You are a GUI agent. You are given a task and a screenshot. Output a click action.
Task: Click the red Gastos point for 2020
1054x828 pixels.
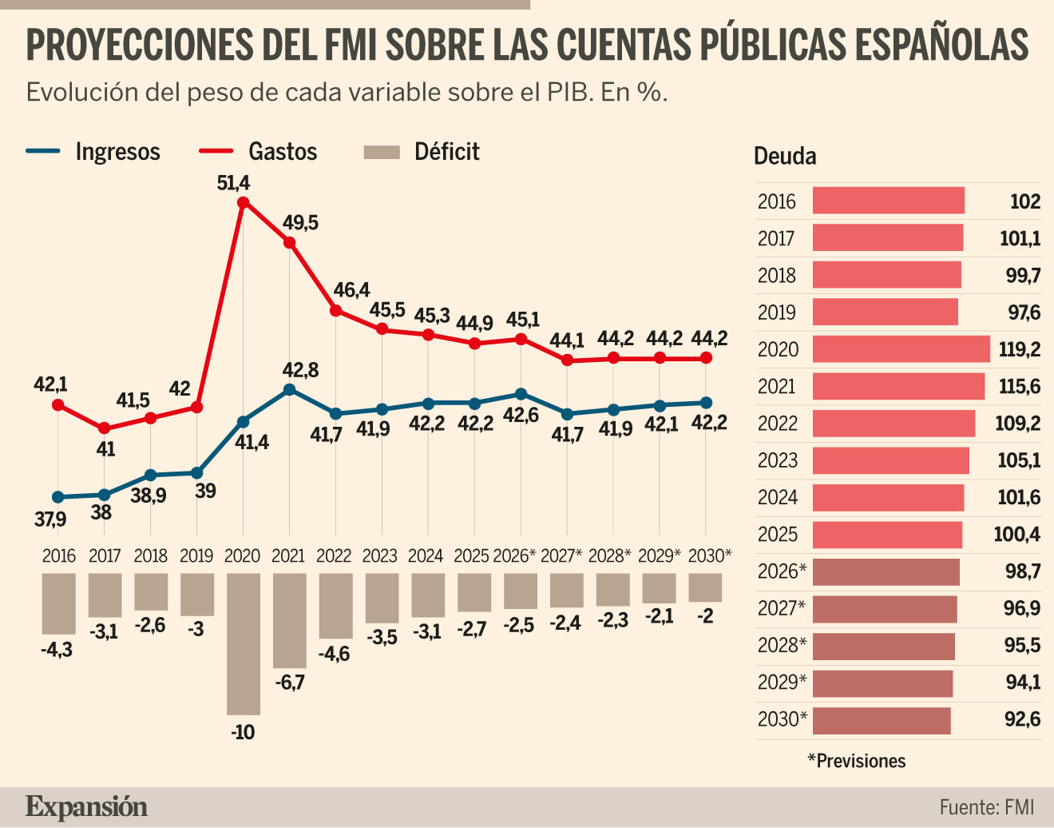(243, 202)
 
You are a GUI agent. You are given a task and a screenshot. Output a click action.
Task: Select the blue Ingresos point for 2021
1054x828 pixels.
(290, 390)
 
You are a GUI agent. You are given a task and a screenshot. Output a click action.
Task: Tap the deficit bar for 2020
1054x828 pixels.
(244, 643)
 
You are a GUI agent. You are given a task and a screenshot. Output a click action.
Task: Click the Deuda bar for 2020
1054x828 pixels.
(901, 349)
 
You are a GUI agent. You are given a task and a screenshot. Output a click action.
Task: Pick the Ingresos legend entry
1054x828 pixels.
(93, 152)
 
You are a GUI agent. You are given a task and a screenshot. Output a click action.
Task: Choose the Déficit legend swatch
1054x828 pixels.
(382, 152)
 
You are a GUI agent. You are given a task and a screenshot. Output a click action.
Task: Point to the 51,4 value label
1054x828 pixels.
(233, 183)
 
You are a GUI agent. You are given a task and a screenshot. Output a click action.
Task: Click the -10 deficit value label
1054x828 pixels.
(243, 732)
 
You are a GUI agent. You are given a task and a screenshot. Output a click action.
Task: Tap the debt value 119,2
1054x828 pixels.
(1020, 349)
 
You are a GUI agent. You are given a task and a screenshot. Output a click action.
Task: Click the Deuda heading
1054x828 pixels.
(785, 156)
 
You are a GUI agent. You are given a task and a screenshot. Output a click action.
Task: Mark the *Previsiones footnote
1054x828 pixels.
(857, 761)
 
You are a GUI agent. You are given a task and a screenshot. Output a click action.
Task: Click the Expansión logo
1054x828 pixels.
(86, 807)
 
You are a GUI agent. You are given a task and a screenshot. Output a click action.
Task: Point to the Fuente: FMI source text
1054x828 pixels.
(987, 807)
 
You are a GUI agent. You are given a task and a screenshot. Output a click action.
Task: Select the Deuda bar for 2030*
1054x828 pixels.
(882, 720)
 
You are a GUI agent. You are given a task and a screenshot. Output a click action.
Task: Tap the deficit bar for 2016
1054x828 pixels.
(58, 603)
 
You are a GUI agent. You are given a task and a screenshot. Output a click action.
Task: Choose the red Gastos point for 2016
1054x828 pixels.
(57, 405)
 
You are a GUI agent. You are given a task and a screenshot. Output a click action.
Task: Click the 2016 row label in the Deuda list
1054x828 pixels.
(777, 201)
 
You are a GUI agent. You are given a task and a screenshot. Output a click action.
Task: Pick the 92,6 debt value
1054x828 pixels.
(1022, 719)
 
